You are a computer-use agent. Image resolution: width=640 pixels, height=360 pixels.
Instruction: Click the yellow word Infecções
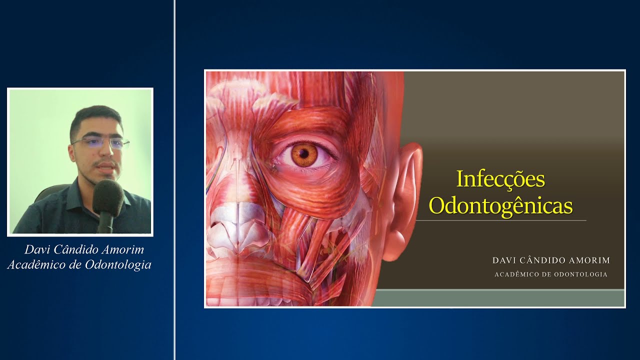(500, 179)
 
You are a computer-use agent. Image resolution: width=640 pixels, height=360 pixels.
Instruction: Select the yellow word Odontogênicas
(500, 205)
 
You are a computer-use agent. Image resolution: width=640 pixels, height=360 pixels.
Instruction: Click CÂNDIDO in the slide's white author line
(543, 260)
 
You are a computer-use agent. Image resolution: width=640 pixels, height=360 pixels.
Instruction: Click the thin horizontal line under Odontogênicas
(500, 220)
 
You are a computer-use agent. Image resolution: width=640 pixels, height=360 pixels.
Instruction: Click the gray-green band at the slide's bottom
(500, 298)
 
